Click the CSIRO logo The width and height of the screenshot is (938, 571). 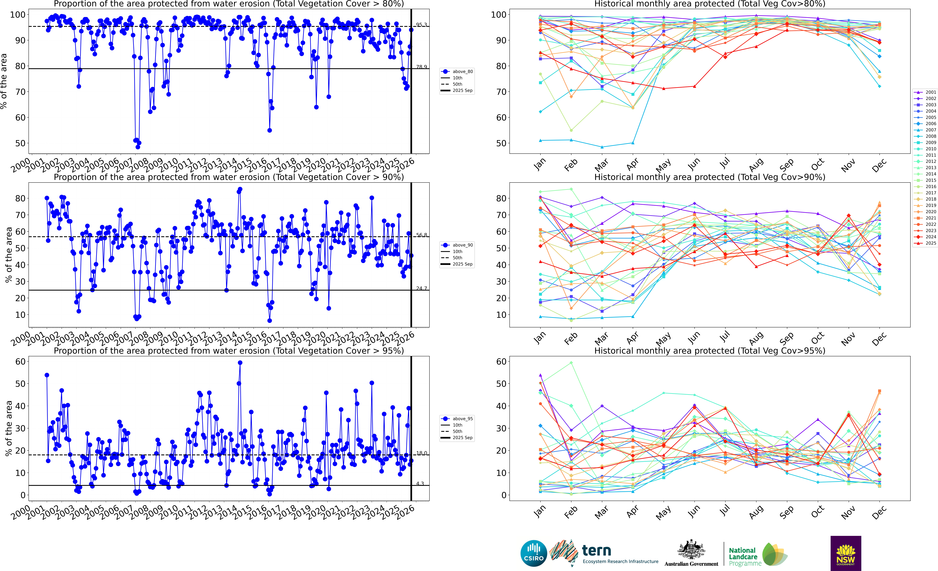point(534,553)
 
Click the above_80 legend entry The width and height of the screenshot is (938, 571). point(463,72)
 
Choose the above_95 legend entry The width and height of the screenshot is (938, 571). point(463,419)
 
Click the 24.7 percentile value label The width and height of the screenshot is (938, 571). point(421,288)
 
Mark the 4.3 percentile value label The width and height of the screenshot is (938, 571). point(420,483)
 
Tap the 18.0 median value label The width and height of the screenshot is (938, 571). point(421,453)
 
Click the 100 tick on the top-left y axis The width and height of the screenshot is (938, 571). point(18,15)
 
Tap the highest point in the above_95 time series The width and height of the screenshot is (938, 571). point(240,363)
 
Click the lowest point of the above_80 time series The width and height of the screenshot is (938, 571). point(138,147)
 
